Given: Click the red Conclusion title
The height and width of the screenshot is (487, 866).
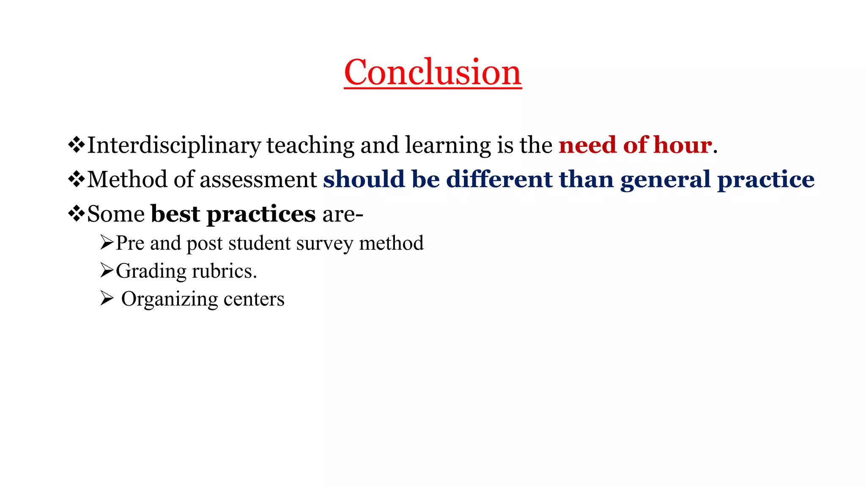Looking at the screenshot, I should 433,72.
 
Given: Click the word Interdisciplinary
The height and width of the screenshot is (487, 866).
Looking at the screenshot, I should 174,145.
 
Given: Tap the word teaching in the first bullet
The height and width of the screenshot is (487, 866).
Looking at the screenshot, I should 310,145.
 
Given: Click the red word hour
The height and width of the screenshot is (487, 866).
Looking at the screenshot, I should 682,145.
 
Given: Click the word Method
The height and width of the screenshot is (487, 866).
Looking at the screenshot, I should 127,179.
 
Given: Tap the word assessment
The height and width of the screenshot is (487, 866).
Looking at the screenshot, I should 258,179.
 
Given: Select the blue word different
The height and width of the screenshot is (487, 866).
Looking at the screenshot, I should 499,179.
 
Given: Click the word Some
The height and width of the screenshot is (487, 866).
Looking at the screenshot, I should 116,214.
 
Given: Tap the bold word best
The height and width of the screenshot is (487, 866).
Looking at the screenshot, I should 175,214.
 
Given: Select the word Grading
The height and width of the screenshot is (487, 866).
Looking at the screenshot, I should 151,271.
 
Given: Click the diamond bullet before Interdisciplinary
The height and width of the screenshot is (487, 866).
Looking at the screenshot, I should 77,145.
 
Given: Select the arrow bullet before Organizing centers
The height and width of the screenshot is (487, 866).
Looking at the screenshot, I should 107,298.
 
